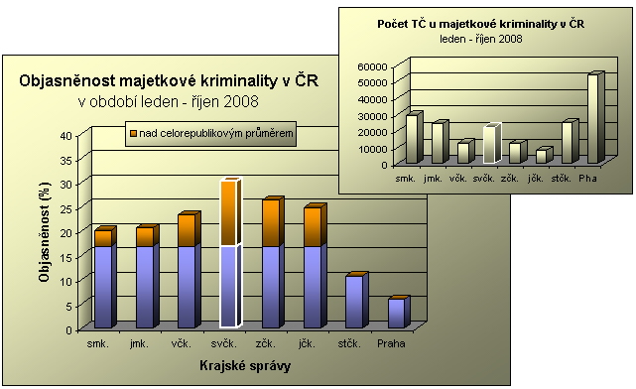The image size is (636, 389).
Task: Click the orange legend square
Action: [x=131, y=132]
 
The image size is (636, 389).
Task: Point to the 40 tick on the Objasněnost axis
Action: [x=66, y=136]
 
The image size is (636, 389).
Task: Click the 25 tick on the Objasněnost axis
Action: [x=66, y=208]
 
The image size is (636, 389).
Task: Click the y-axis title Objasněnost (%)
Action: [x=45, y=238]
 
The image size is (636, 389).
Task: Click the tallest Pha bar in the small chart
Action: [x=593, y=118]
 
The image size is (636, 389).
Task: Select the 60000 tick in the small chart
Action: [x=374, y=66]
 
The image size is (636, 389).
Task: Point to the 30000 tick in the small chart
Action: [x=374, y=115]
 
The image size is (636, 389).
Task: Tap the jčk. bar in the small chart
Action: [x=541, y=156]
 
